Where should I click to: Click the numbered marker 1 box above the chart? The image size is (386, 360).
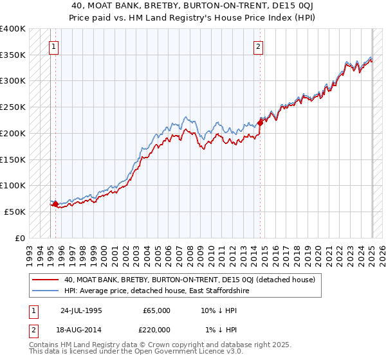(x=53, y=46)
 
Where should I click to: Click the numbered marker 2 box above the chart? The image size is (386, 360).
(x=258, y=46)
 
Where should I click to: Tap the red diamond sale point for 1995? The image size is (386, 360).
(x=55, y=204)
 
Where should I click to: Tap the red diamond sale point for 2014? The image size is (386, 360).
(x=260, y=122)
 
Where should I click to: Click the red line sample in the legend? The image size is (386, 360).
(x=44, y=280)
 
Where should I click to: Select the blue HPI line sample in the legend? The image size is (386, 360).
(x=44, y=291)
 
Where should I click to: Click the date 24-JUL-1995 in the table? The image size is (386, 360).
(x=81, y=310)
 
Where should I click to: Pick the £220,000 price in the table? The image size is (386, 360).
(x=156, y=329)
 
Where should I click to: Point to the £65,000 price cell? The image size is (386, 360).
(x=156, y=310)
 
